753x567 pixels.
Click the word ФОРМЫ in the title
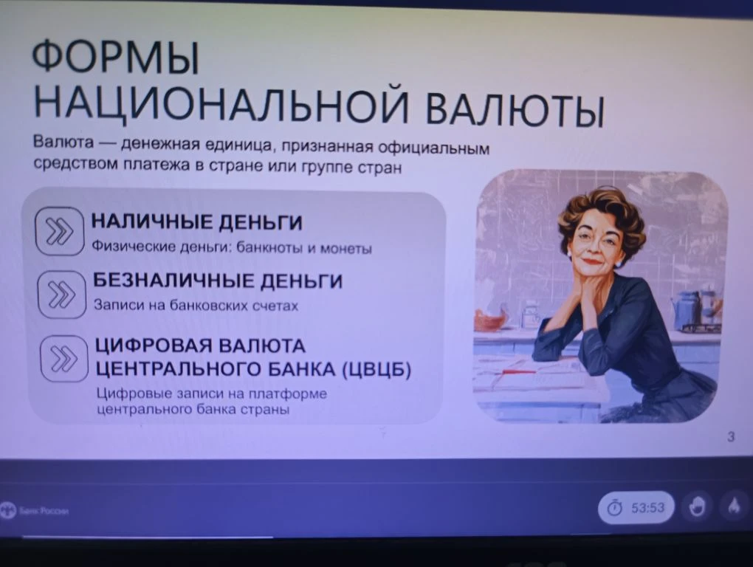[x=115, y=58]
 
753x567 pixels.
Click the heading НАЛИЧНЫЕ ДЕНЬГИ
[x=196, y=223]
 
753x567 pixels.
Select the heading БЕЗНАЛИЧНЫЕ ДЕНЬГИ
[x=218, y=281]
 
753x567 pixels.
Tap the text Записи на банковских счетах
[x=196, y=306]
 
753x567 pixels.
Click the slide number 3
[x=730, y=437]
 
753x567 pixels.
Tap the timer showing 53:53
[x=636, y=508]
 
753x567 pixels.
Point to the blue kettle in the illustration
[x=687, y=309]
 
